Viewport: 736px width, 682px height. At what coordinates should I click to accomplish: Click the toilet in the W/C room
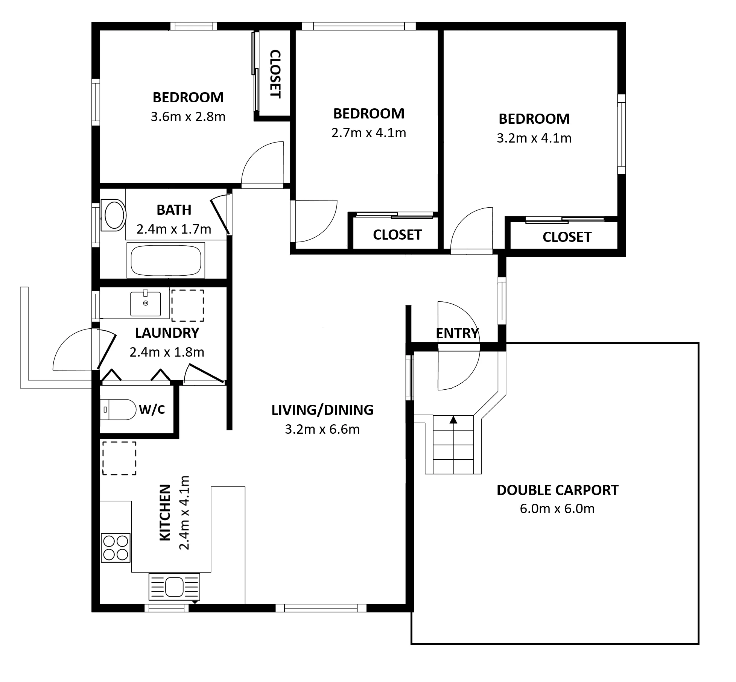118,410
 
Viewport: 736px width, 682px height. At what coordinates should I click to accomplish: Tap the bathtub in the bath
166,260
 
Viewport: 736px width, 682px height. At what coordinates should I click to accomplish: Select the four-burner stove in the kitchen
116,548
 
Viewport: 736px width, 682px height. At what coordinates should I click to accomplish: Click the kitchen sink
174,586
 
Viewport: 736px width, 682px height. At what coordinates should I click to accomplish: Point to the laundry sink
145,304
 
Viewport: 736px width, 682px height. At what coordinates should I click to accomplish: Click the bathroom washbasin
114,216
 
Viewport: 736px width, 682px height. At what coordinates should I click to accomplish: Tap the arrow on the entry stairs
453,419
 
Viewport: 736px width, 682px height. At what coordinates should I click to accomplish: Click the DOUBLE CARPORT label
557,490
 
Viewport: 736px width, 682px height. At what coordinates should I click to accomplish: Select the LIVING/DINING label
322,410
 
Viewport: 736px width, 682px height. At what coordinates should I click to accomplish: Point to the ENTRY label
457,333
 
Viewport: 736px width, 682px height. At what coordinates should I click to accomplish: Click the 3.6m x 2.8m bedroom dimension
188,117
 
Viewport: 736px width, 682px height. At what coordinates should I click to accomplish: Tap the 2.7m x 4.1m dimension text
369,133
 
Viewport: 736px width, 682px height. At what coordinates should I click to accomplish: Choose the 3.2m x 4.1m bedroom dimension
534,138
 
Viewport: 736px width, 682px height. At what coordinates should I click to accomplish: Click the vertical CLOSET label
275,74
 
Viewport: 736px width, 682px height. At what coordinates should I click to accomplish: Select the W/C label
152,410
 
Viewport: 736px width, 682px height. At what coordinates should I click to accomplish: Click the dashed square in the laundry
188,305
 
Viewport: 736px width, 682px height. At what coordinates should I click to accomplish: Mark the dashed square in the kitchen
119,458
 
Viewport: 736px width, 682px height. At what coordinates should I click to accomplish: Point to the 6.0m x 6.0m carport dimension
557,509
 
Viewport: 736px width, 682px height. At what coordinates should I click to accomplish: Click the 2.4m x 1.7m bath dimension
174,229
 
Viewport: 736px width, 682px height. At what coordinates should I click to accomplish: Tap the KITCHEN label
166,513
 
